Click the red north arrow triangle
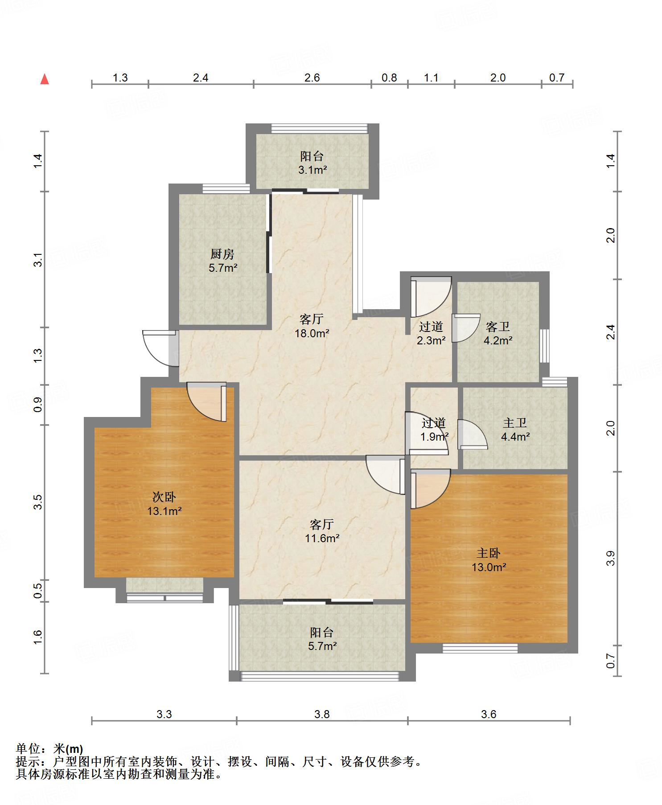pyautogui.click(x=45, y=79)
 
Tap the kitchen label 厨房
pyautogui.click(x=222, y=254)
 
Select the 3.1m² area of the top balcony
pyautogui.click(x=312, y=170)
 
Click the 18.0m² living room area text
pyautogui.click(x=312, y=333)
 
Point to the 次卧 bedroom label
pyautogui.click(x=164, y=497)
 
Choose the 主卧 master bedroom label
pyautogui.click(x=489, y=553)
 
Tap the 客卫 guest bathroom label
pyautogui.click(x=498, y=327)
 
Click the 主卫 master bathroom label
pyautogui.click(x=515, y=423)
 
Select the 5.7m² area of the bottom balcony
pyautogui.click(x=322, y=646)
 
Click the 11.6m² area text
pyautogui.click(x=322, y=538)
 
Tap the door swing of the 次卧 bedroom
pyautogui.click(x=206, y=401)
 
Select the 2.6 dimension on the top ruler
pyautogui.click(x=312, y=78)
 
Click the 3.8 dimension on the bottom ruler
pyautogui.click(x=322, y=714)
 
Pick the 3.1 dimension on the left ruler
pyautogui.click(x=38, y=259)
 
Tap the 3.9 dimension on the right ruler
pyautogui.click(x=610, y=558)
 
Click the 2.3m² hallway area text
pyautogui.click(x=431, y=341)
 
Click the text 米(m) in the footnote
pyautogui.click(x=68, y=749)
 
